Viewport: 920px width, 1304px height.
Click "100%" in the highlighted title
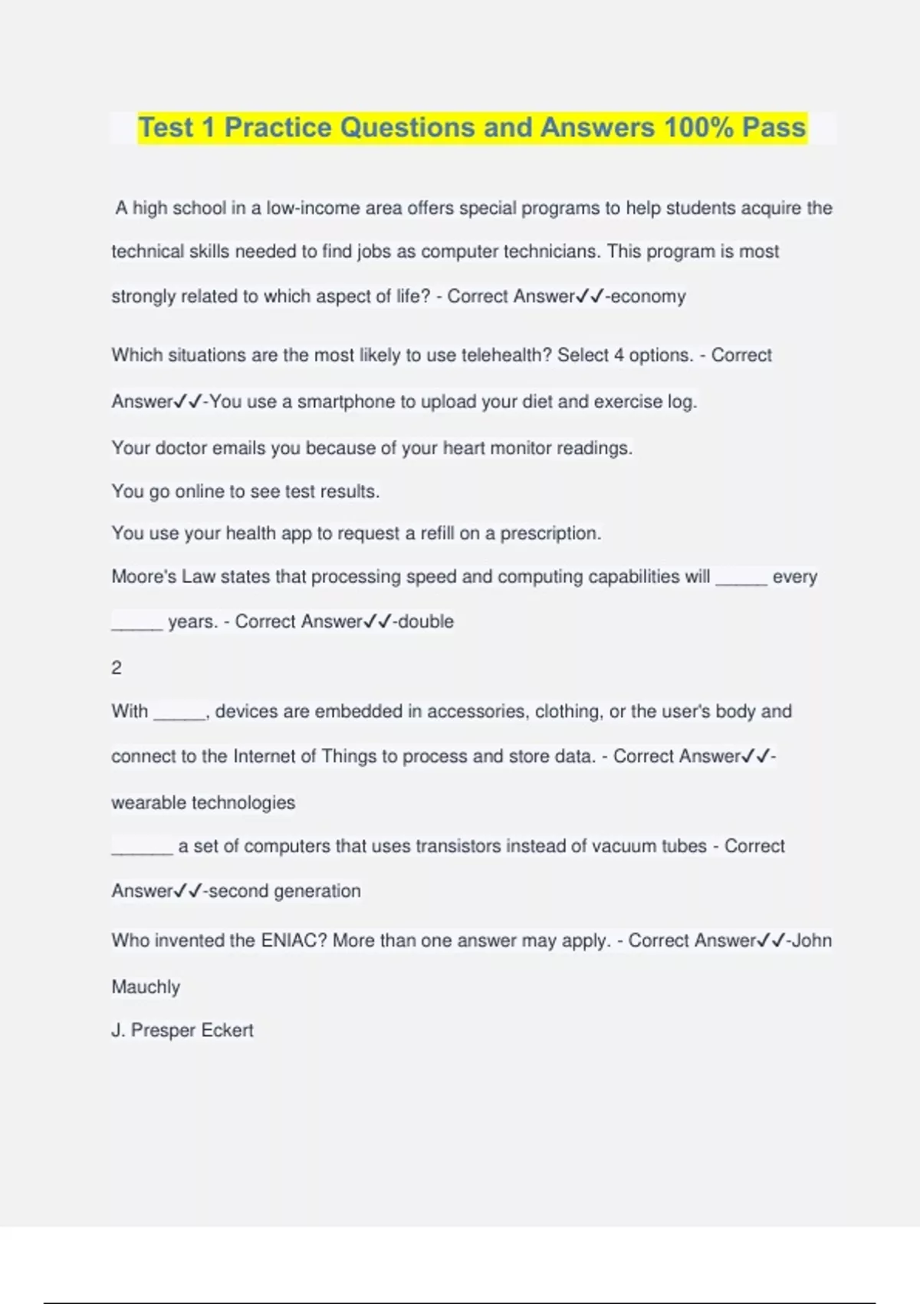(699, 127)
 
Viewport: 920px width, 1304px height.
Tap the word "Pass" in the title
(774, 127)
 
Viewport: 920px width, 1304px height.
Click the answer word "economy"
(648, 297)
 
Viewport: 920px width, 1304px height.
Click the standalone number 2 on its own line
(117, 668)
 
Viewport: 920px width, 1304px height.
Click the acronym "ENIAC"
(294, 941)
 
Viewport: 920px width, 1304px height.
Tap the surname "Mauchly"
(146, 987)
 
